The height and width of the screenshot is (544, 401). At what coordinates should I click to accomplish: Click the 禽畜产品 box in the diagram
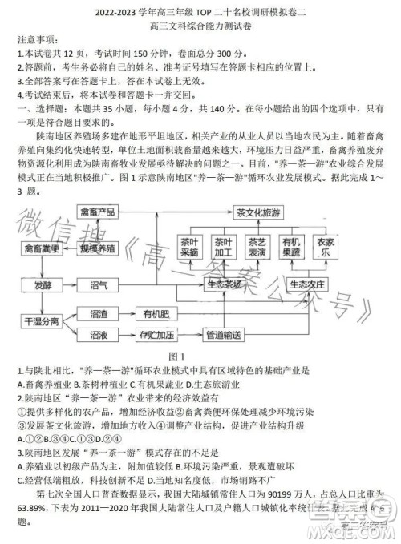[97, 212]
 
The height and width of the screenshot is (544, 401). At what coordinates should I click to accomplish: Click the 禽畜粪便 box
[42, 248]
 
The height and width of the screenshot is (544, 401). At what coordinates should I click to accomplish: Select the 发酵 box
[42, 284]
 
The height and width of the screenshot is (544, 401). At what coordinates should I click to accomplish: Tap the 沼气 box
[99, 284]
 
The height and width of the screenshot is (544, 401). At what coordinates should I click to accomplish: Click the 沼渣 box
[99, 313]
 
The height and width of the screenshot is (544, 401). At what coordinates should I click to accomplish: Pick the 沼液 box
[99, 334]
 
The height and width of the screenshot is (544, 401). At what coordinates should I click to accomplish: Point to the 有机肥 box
[153, 313]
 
